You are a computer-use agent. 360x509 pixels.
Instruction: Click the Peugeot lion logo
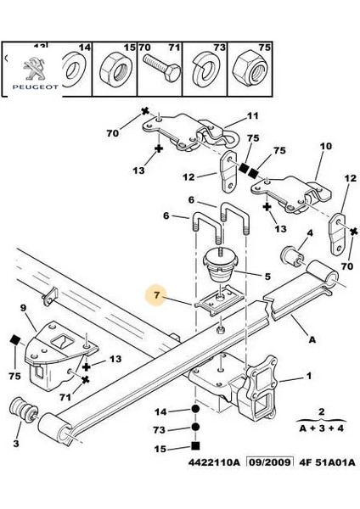point(35,69)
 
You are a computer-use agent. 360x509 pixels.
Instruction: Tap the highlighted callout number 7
point(157,294)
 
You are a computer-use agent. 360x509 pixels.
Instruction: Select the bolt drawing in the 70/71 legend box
point(161,68)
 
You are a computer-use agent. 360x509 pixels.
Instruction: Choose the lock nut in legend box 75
point(250,70)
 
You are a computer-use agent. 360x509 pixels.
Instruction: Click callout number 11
point(252,115)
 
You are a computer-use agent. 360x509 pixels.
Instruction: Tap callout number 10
point(325,146)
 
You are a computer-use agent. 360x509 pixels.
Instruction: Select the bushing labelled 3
point(24,409)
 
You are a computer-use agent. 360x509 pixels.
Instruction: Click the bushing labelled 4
point(292,256)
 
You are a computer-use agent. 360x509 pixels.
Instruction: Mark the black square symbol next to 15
point(195,445)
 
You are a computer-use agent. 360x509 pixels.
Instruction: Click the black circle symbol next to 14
point(195,409)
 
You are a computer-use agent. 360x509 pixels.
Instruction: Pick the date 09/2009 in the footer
point(269,461)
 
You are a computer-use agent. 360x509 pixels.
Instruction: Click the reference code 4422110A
point(213,461)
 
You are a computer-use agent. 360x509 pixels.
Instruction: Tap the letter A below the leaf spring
point(312,339)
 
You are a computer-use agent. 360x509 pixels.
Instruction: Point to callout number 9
point(23,307)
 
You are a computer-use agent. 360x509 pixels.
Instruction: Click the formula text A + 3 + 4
point(321,428)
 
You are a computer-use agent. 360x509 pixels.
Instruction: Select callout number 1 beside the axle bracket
point(309,376)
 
